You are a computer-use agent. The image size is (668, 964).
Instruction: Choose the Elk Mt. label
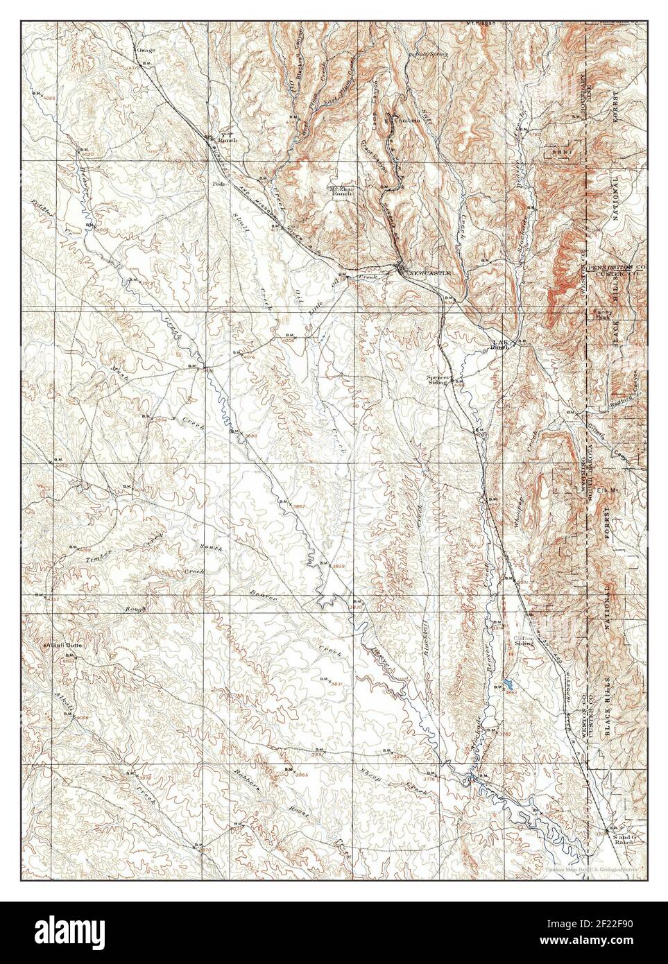(x=606, y=490)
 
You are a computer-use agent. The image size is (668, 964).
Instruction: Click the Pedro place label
(x=221, y=184)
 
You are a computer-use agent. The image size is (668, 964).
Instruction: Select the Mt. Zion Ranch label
(x=341, y=191)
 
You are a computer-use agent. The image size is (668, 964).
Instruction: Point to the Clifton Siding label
(x=524, y=640)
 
